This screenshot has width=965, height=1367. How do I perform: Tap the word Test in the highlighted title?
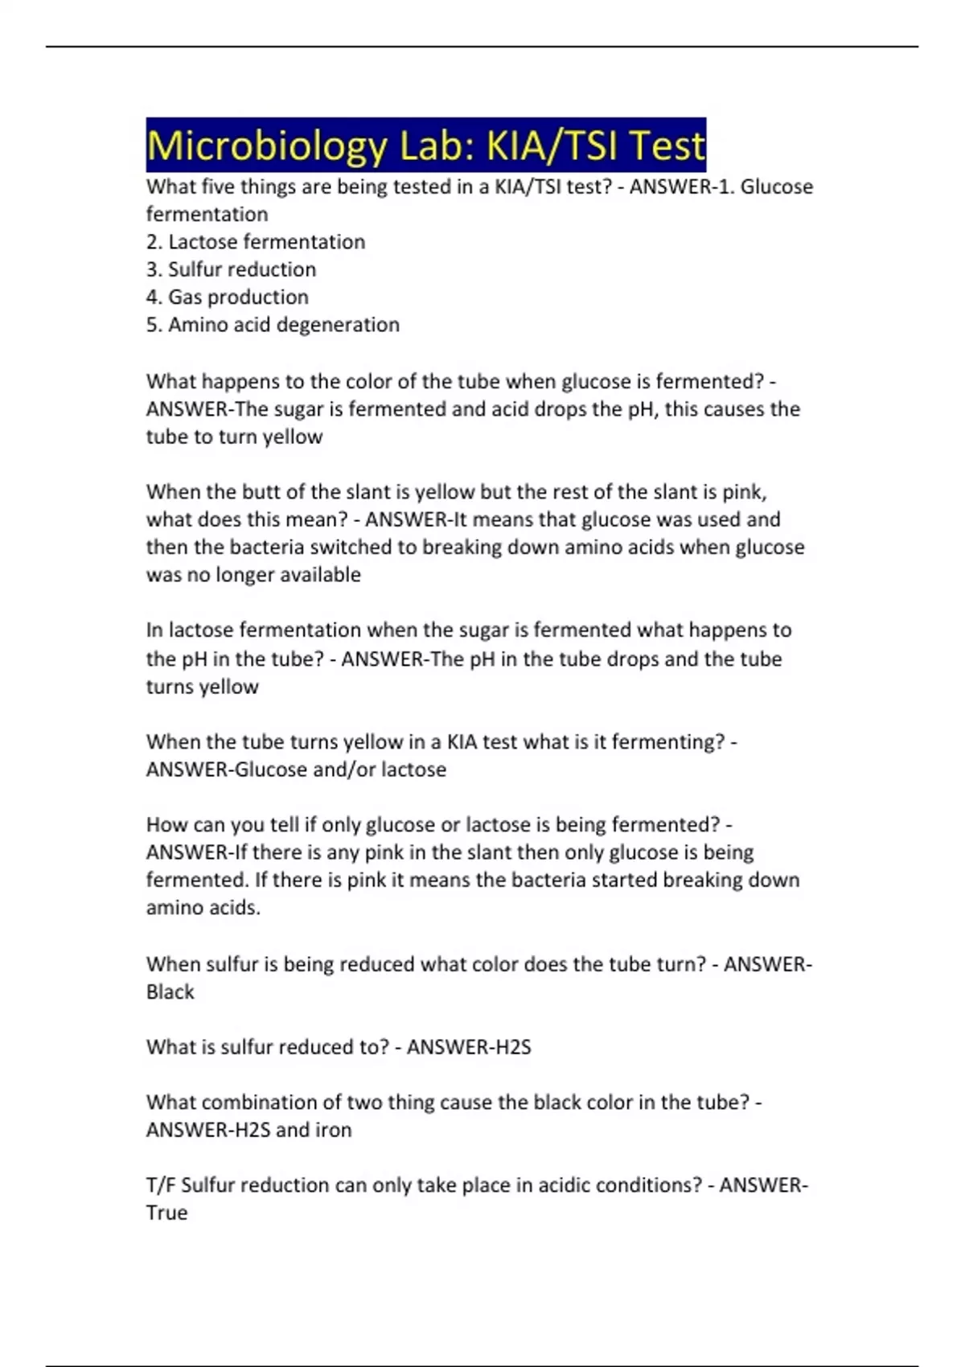point(667,146)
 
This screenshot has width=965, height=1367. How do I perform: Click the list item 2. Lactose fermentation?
point(256,241)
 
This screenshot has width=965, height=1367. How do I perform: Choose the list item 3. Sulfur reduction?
point(231,269)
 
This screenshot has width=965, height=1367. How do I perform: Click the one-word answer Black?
point(170,991)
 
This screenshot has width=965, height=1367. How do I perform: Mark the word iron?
point(333,1130)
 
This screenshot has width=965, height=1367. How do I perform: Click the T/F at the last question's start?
point(161,1185)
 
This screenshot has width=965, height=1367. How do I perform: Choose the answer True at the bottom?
point(166,1213)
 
